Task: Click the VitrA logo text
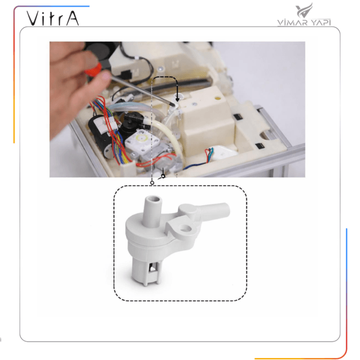[52, 18]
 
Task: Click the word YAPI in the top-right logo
[321, 22]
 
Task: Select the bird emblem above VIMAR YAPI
[304, 10]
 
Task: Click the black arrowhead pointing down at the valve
[177, 99]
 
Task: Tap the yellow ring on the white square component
[142, 138]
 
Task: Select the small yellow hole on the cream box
[218, 98]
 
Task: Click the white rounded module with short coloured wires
[222, 153]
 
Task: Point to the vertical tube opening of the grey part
[153, 199]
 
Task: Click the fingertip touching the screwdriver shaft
[106, 76]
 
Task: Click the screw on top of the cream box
[195, 104]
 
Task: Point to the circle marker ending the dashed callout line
[152, 183]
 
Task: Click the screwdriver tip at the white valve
[172, 104]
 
